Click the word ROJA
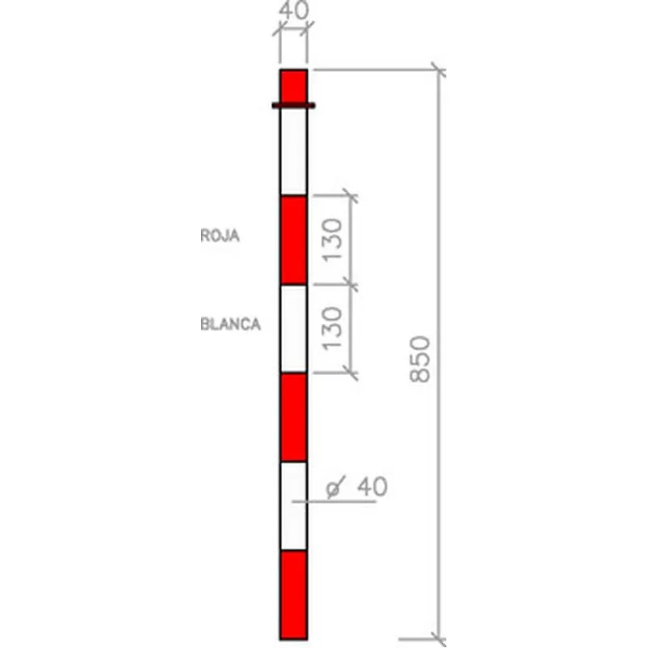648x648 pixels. (x=220, y=237)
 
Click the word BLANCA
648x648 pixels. (x=230, y=324)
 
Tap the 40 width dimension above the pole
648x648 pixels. (x=293, y=11)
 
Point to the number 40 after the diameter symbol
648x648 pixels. (x=372, y=487)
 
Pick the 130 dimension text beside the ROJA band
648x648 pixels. (x=335, y=240)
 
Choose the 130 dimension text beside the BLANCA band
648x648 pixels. (x=335, y=328)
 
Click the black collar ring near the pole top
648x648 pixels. (x=293, y=105)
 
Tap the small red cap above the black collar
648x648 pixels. (x=293, y=85)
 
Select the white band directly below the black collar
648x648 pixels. (x=293, y=152)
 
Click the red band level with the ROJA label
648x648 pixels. (x=293, y=240)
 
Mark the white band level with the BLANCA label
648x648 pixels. (x=293, y=328)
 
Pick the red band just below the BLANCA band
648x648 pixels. (x=293, y=416)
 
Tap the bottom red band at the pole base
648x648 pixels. (x=293, y=594)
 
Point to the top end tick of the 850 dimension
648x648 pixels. (x=438, y=70)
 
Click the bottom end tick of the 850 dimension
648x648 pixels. (x=438, y=637)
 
